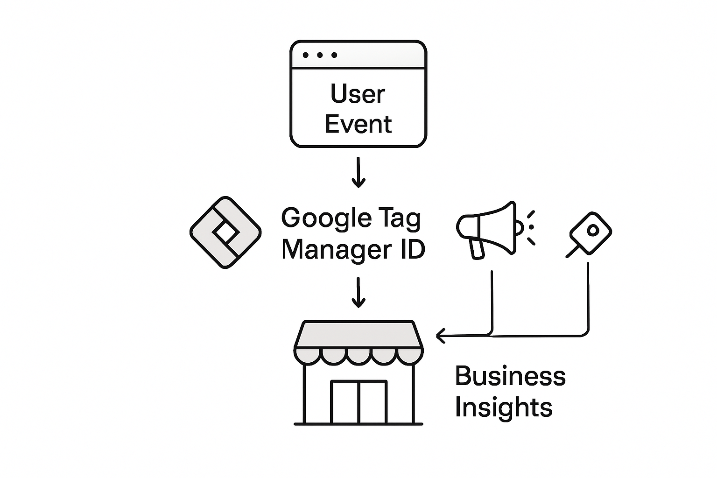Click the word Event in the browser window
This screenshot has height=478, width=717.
click(358, 124)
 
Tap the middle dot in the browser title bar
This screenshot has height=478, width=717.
click(320, 55)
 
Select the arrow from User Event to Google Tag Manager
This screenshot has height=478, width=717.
click(358, 172)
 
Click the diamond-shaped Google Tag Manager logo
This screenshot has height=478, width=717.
click(225, 232)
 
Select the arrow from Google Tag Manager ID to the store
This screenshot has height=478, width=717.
click(358, 293)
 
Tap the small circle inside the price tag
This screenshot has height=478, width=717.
click(593, 230)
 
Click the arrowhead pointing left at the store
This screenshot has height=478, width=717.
click(440, 335)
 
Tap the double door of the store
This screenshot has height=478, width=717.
click(358, 402)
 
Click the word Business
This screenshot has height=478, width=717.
click(510, 376)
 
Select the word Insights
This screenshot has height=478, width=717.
click(503, 407)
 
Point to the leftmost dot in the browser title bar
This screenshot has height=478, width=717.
click(306, 55)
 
